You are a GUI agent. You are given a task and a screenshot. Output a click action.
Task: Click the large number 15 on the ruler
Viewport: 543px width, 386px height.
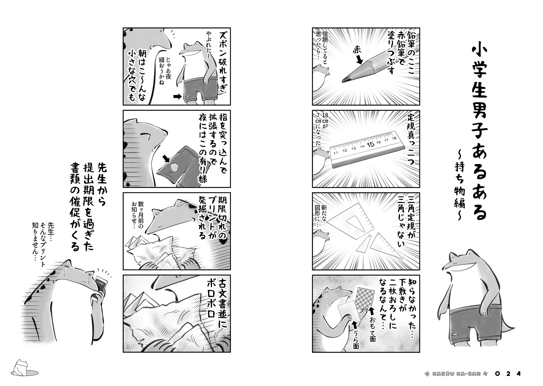coord(371,144)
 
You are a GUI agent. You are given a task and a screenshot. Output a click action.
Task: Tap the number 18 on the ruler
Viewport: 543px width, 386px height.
coord(394,138)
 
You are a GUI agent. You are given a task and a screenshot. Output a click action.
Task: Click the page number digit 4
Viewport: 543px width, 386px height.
coord(518,374)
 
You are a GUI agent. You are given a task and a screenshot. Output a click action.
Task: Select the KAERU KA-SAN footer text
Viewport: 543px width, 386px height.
coord(453,374)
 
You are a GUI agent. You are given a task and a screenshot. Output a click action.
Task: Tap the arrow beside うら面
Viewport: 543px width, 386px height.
coord(355,325)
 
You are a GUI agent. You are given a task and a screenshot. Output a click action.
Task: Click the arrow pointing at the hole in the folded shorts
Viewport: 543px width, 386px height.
coord(166,159)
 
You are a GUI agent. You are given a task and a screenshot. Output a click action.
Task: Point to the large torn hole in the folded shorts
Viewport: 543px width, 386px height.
coord(174,167)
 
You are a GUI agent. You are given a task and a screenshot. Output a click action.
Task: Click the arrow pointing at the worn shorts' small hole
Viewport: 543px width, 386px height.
coord(177,96)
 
